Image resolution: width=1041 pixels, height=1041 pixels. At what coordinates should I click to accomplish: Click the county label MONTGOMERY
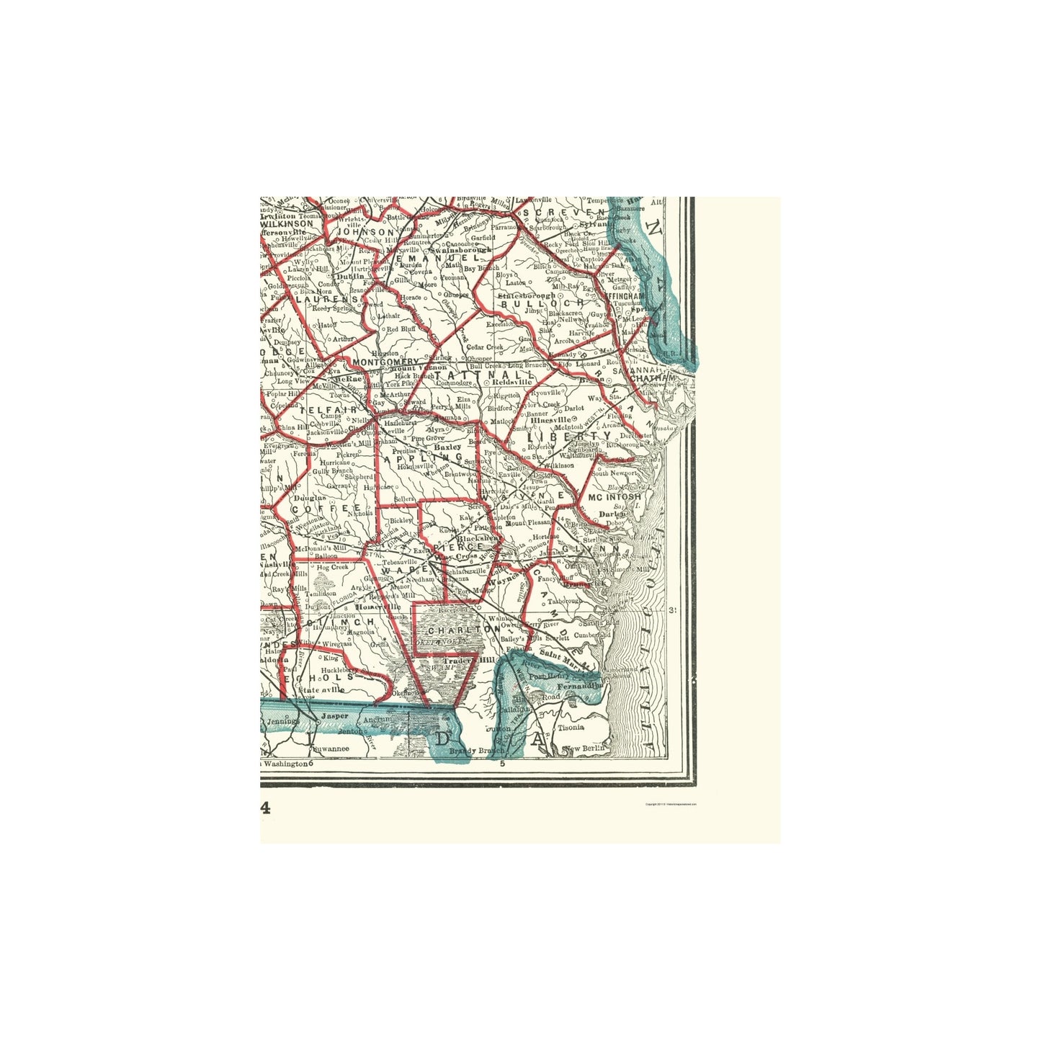[385, 361]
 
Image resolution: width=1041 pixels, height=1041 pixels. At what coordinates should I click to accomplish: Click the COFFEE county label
[324, 508]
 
